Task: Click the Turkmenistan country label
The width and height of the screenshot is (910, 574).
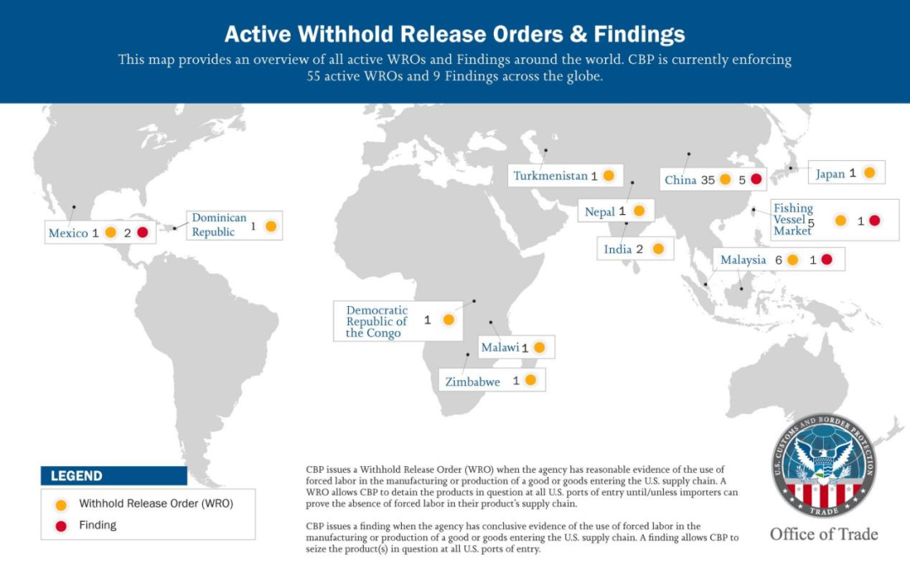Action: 550,176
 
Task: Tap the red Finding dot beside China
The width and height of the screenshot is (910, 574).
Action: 756,179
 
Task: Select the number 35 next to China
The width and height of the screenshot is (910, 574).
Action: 707,180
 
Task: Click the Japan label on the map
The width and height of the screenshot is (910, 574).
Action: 830,174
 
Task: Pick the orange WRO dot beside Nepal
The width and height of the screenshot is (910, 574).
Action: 638,211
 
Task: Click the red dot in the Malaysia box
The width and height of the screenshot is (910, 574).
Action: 827,260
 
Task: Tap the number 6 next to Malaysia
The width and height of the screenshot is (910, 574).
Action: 779,260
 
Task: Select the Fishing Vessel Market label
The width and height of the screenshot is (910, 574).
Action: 793,219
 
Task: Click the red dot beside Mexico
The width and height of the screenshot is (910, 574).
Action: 142,232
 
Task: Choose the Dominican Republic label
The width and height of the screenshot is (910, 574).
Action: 219,225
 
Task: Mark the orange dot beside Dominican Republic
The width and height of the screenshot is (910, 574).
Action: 270,226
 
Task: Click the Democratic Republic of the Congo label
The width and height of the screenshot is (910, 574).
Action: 377,321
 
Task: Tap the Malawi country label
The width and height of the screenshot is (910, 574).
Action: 500,347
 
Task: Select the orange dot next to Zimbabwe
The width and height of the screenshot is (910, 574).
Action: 530,380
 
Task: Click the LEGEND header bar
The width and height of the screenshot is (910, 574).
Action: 114,475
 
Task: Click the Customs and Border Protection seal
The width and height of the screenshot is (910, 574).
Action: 823,464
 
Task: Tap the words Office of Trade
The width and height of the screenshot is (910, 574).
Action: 823,534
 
